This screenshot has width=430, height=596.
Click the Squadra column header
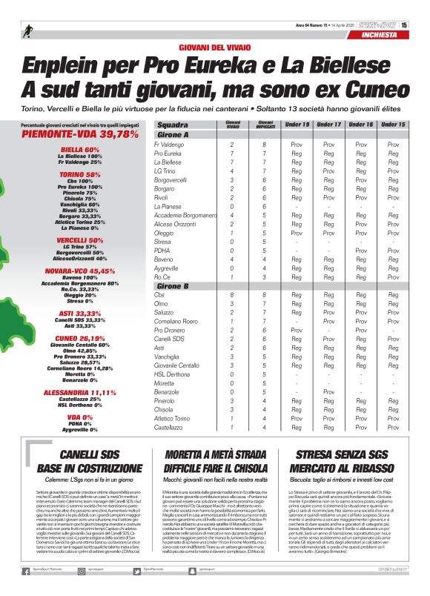point(173,125)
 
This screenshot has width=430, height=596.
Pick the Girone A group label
point(173,135)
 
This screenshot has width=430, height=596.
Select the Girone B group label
point(173,286)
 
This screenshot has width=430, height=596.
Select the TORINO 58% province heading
point(80,174)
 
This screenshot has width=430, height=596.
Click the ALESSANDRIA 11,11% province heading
point(80,392)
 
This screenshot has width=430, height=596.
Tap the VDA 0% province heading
point(80,417)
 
